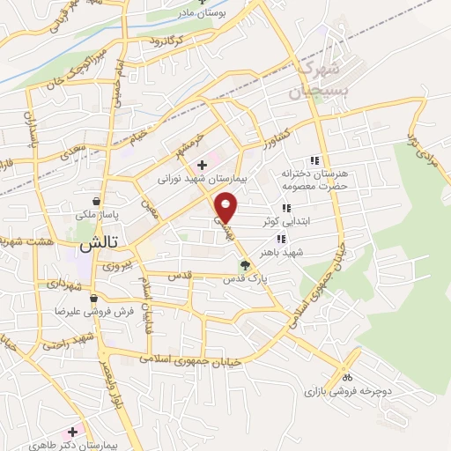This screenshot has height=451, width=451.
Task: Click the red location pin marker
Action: tap(226, 205)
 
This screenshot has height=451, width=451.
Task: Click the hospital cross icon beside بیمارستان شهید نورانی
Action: tap(203, 164)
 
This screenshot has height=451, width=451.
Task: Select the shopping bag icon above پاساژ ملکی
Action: tap(107, 200)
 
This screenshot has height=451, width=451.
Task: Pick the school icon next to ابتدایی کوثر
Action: tap(285, 209)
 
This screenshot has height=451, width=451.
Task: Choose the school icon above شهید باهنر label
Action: tap(281, 238)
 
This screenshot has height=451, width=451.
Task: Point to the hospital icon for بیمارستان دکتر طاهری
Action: tap(77, 431)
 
